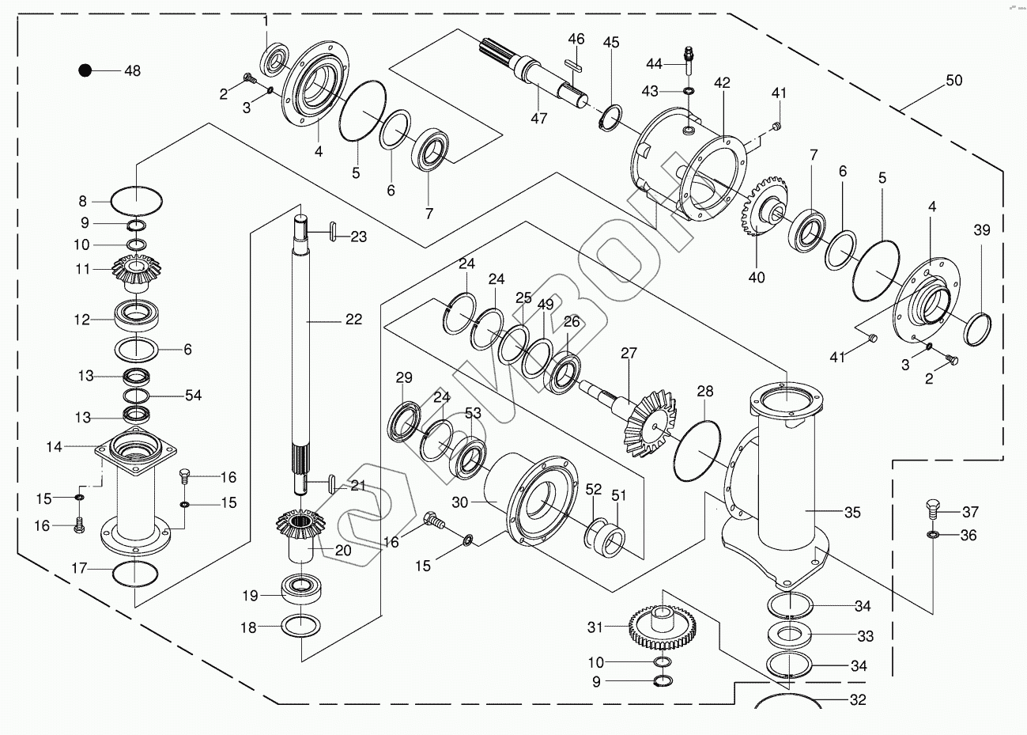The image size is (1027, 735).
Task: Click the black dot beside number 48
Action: click(x=85, y=70)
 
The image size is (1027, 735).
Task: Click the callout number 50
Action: click(x=954, y=80)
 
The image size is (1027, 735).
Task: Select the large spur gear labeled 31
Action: click(x=663, y=627)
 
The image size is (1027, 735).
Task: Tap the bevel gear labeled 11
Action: click(x=136, y=274)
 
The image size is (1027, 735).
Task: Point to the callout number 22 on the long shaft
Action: click(x=353, y=320)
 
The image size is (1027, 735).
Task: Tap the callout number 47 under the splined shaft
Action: click(x=538, y=119)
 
